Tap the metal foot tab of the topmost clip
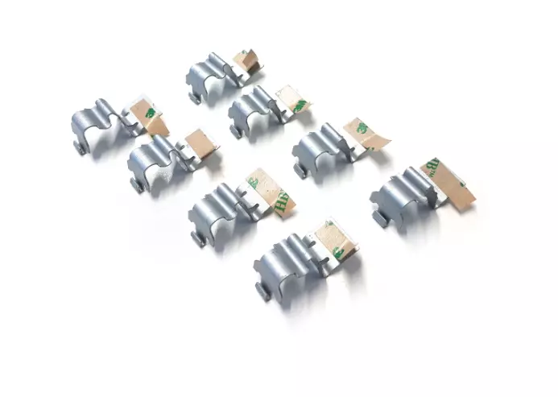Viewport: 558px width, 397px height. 195,97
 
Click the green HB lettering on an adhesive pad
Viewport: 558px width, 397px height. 281,202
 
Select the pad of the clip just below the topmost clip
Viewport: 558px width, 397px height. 291,100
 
